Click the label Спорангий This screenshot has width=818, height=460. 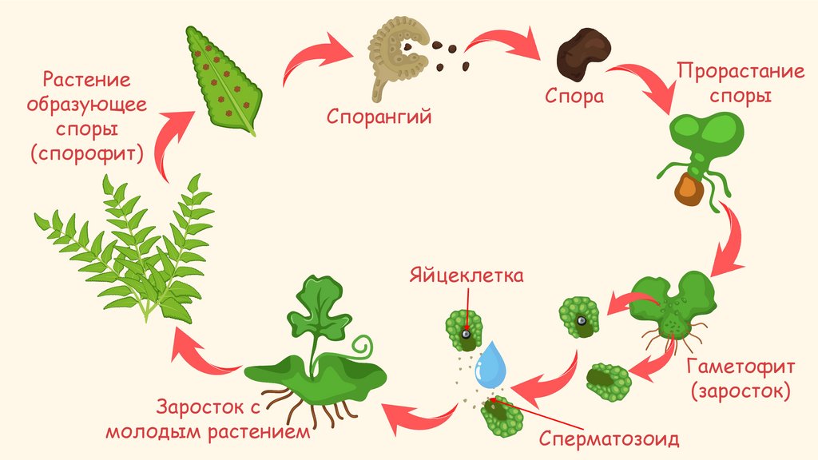click(x=379, y=117)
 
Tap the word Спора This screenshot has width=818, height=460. click(x=574, y=97)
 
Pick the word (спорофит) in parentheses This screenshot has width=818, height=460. click(x=87, y=153)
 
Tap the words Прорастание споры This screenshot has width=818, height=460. click(x=729, y=82)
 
